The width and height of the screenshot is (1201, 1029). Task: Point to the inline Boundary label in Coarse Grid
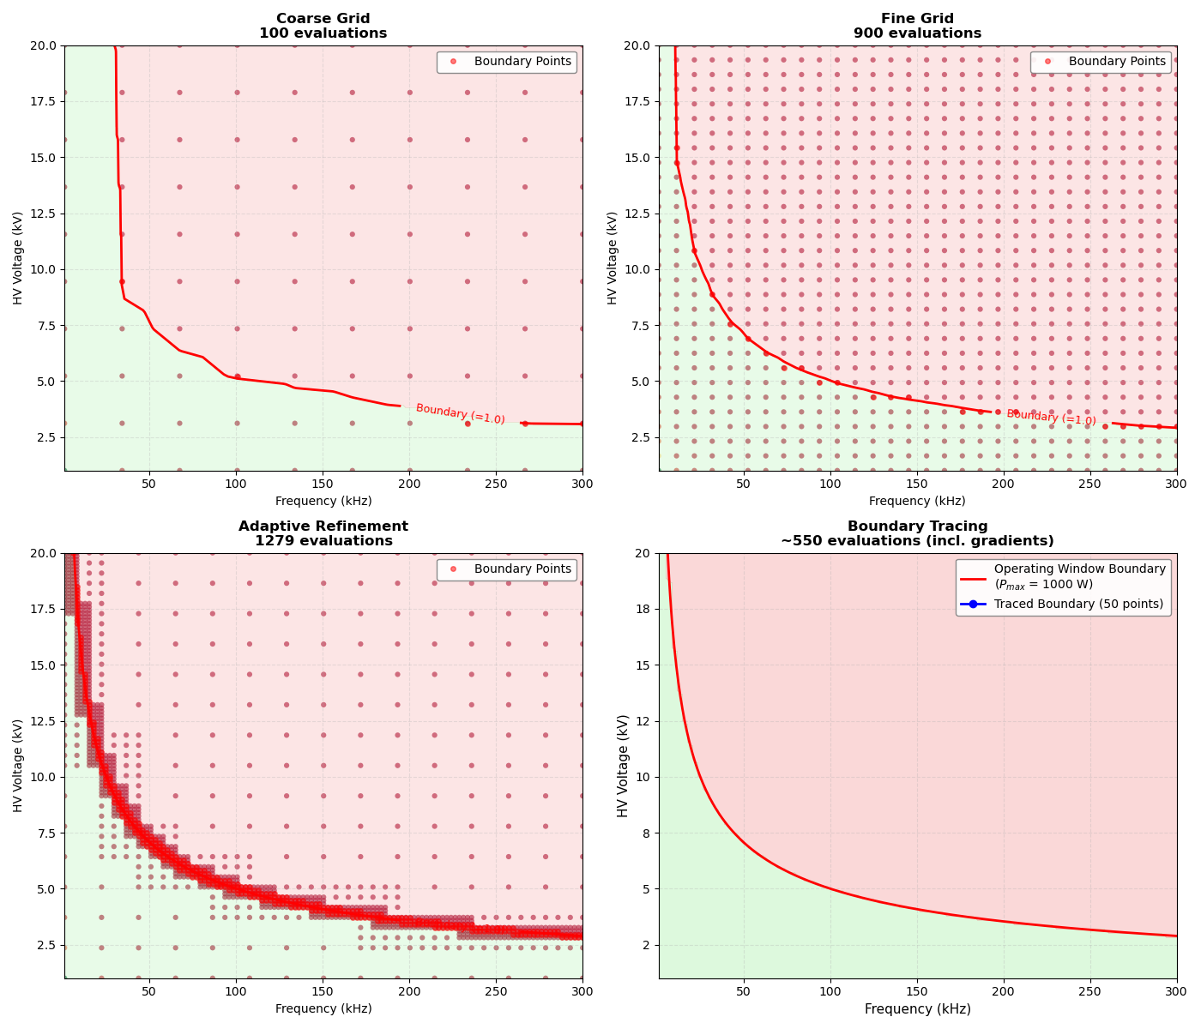pyautogui.click(x=460, y=414)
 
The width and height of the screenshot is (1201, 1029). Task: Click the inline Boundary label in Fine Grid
pyautogui.click(x=1051, y=418)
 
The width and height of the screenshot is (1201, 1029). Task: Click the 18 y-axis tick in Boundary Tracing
pyautogui.click(x=642, y=609)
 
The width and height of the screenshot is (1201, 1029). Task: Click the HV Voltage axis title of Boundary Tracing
pyautogui.click(x=624, y=766)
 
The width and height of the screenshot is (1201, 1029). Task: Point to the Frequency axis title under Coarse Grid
pyautogui.click(x=323, y=502)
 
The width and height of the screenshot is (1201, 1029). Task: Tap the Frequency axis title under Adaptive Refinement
pyautogui.click(x=323, y=1009)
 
